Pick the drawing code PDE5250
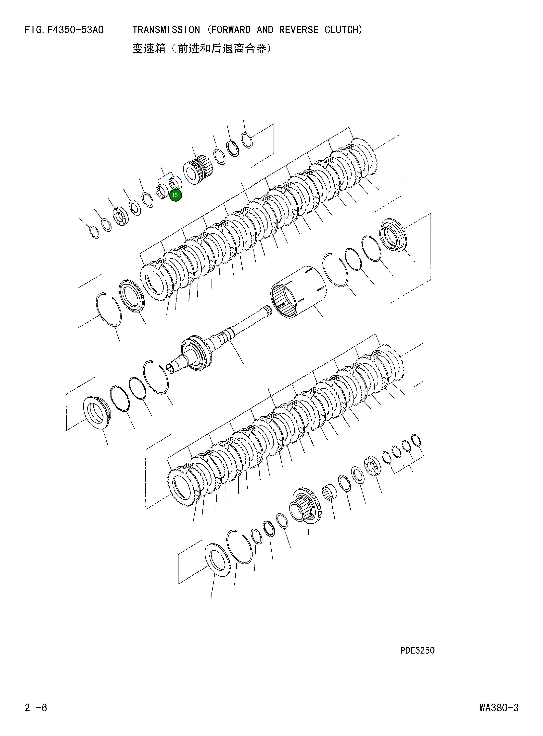pyautogui.click(x=417, y=651)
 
